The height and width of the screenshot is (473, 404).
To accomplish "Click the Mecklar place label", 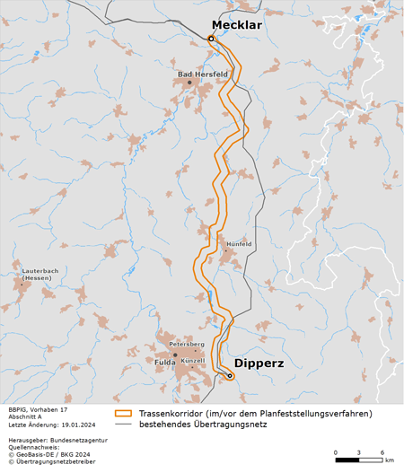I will [236, 25].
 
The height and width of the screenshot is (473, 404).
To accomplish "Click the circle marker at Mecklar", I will [211, 39].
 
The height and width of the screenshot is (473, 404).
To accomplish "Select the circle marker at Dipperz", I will [230, 376].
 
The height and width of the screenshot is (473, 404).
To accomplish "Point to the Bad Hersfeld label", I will [202, 74].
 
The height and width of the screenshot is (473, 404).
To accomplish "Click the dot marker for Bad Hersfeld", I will [189, 83].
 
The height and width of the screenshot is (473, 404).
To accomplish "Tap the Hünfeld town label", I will [239, 244].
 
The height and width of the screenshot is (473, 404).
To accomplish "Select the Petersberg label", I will [188, 345].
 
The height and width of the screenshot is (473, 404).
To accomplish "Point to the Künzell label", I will [193, 361].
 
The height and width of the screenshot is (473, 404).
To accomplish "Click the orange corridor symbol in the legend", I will [124, 413].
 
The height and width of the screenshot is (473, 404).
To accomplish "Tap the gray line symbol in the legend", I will [124, 425].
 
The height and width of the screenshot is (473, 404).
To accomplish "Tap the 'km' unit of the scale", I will [389, 460].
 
